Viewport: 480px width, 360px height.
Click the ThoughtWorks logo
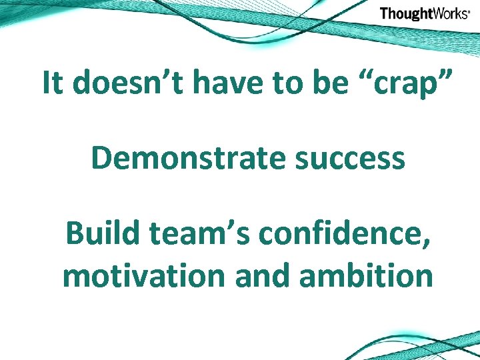pyautogui.click(x=424, y=13)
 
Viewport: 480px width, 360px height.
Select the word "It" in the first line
pyautogui.click(x=53, y=83)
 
